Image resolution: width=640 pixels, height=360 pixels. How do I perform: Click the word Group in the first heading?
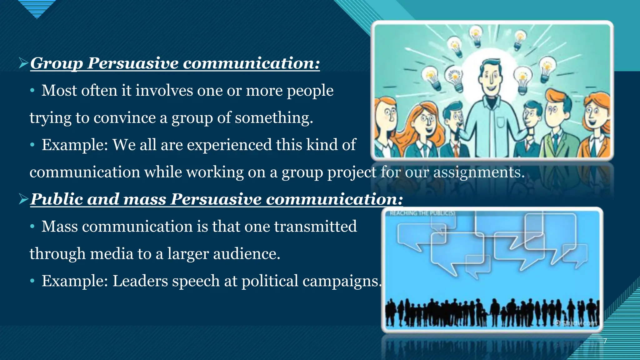(56, 63)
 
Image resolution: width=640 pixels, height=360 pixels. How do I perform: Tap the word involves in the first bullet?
(164, 91)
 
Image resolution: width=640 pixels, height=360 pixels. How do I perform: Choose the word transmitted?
(315, 227)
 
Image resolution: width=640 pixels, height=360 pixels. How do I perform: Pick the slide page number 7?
(605, 341)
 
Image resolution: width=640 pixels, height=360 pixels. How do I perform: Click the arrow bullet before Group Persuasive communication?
(23, 63)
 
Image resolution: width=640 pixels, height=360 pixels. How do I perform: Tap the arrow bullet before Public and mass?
(23, 199)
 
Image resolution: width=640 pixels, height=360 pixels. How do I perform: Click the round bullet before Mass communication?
(32, 227)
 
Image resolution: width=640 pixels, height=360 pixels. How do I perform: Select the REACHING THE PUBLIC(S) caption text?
(422, 213)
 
